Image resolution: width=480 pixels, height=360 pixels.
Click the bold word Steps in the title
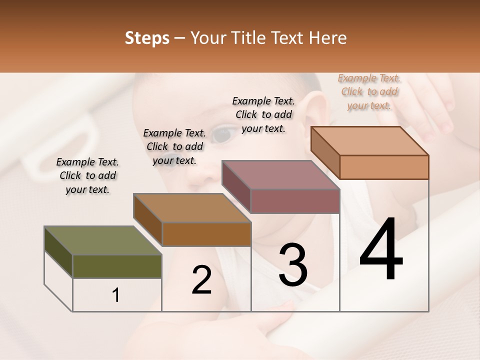pos(147,38)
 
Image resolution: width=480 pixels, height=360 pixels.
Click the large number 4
pos(381,250)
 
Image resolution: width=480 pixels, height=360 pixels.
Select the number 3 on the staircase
pos(292,265)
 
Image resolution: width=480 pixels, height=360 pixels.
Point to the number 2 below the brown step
pos(202,280)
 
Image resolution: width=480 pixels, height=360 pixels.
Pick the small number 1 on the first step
pos(116,295)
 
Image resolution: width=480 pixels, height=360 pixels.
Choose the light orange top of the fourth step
pos(369,141)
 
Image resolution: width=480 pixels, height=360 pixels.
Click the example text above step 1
pos(87,175)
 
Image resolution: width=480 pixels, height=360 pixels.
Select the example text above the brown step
pos(174,146)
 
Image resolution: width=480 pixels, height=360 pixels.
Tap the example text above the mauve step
pos(263,114)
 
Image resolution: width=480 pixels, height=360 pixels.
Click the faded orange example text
pos(369,91)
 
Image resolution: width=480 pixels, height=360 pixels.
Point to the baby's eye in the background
pos(221,133)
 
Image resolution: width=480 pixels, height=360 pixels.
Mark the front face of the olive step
pos(117,266)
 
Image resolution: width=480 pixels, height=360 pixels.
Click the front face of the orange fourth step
pos(384,167)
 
